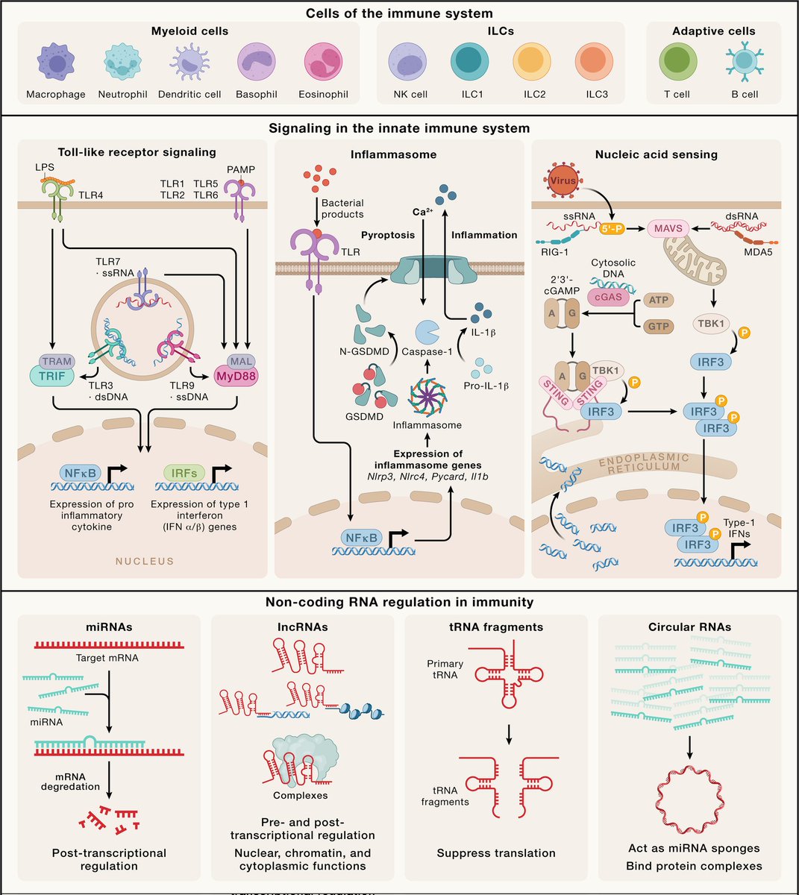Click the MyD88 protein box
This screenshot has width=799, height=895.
[x=235, y=377]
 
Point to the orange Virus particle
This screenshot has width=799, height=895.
[x=564, y=181]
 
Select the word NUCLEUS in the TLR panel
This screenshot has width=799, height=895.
[x=144, y=561]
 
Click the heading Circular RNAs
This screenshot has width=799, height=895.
[x=690, y=627]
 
